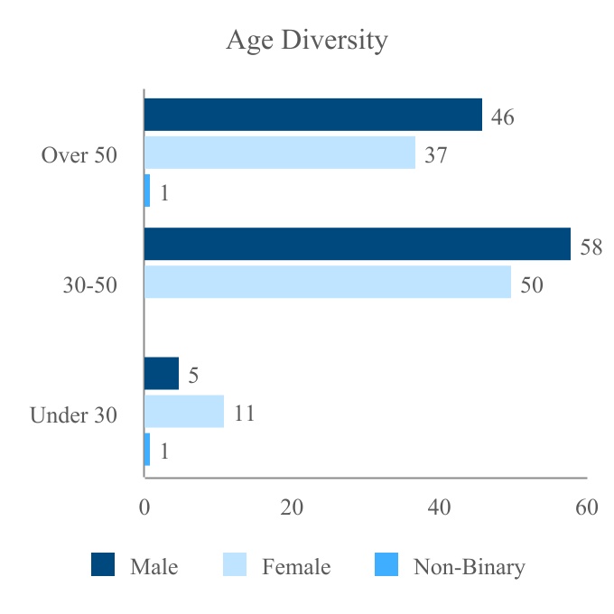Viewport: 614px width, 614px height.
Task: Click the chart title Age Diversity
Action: [x=306, y=41]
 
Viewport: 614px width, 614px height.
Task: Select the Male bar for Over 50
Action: [x=313, y=116]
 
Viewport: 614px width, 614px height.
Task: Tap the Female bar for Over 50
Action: [x=280, y=153]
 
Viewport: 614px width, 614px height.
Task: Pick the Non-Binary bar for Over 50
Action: [x=147, y=191]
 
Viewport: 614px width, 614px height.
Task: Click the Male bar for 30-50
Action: [x=358, y=244]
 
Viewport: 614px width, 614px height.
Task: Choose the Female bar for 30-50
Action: [x=328, y=282]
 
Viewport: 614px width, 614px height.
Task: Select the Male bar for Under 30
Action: [x=162, y=374]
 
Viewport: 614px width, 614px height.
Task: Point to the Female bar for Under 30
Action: [x=184, y=412]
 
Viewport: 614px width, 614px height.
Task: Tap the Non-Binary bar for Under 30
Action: [x=147, y=450]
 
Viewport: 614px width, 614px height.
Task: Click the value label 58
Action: [x=591, y=247]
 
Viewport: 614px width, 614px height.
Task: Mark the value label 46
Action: [x=503, y=117]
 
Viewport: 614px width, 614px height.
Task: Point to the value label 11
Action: [x=244, y=414]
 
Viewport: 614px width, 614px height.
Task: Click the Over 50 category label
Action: [x=79, y=154]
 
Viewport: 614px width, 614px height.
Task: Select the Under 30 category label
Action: [x=73, y=415]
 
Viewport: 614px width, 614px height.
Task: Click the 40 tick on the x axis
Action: [x=439, y=507]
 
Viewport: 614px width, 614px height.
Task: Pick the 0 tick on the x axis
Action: [x=144, y=507]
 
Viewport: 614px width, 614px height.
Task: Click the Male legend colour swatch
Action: [x=103, y=565]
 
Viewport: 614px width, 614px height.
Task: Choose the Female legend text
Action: [x=296, y=567]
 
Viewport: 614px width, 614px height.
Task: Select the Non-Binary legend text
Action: [x=469, y=567]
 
